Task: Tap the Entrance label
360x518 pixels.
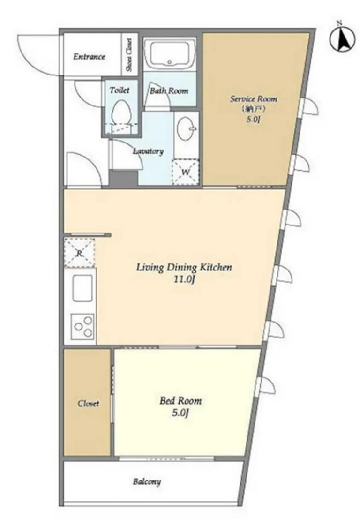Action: (89, 57)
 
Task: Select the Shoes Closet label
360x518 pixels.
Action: (129, 55)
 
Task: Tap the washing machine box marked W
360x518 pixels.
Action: (186, 172)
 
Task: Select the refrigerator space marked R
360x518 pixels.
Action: (79, 253)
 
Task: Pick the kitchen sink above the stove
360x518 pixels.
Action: (82, 288)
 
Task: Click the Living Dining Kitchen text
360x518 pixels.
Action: (184, 267)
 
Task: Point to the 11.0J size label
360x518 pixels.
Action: (184, 280)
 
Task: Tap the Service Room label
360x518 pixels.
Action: (254, 99)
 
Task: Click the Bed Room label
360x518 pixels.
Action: (180, 401)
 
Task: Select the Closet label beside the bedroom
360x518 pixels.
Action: (89, 403)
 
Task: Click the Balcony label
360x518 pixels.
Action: (147, 481)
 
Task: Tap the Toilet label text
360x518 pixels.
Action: (120, 90)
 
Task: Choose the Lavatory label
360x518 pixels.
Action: (148, 151)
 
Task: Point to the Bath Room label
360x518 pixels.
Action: (169, 91)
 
